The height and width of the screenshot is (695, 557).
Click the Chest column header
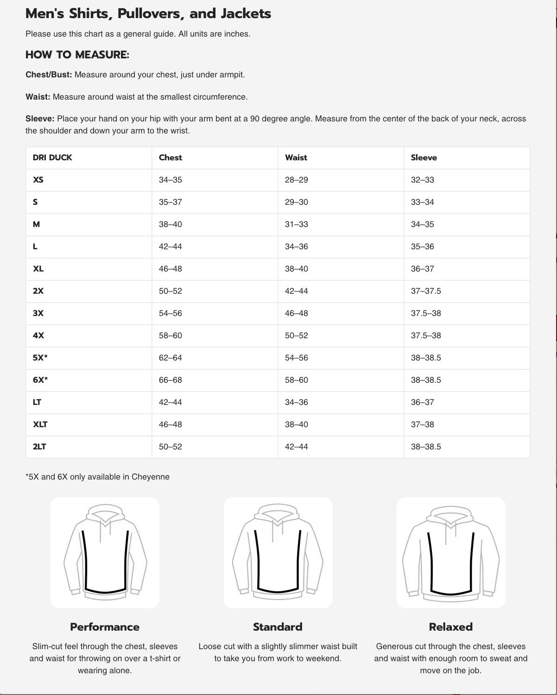click(170, 158)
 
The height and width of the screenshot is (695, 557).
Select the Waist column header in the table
click(296, 158)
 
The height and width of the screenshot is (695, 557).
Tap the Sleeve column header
click(424, 158)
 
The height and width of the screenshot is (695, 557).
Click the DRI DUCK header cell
click(52, 158)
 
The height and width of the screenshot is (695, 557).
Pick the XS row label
click(38, 180)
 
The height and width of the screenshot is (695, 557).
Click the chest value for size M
click(170, 224)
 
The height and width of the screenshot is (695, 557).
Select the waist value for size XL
click(296, 269)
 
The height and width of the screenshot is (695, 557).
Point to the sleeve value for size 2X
click(425, 291)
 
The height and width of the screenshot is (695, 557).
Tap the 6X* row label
click(40, 380)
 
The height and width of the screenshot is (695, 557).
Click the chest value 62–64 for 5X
click(170, 358)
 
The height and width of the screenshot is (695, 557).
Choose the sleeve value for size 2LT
click(425, 447)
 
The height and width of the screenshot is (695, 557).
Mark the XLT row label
click(40, 424)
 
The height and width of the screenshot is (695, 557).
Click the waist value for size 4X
click(296, 335)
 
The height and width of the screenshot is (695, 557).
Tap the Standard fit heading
click(278, 627)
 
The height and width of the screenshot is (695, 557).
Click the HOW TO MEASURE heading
click(77, 55)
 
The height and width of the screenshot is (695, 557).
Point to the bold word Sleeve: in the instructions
click(40, 119)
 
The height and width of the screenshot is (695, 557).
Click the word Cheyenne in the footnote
click(150, 477)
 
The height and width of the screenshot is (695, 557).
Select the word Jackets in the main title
click(246, 13)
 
